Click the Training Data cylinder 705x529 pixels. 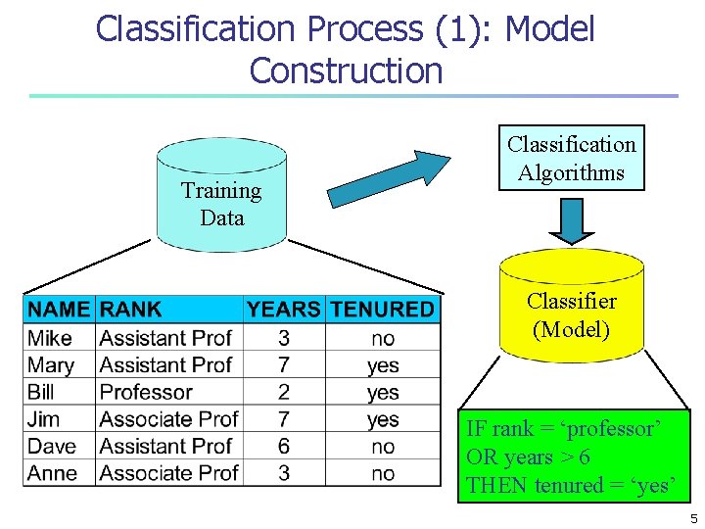[x=221, y=196]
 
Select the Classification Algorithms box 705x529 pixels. [x=571, y=158]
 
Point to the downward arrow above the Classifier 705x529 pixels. [x=571, y=219]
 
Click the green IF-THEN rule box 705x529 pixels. [x=571, y=457]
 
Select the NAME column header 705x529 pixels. [x=59, y=310]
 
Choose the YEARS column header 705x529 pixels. [x=283, y=310]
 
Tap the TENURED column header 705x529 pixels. [x=382, y=310]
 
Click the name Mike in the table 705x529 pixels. [x=50, y=338]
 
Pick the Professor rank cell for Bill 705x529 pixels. [x=146, y=392]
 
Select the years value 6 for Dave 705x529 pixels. [x=283, y=446]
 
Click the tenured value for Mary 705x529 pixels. [x=383, y=365]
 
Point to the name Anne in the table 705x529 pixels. [x=53, y=473]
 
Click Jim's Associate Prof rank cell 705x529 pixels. [x=168, y=419]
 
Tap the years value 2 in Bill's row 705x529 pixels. [x=283, y=392]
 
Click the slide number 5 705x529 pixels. [x=693, y=519]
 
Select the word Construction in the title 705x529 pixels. [x=346, y=71]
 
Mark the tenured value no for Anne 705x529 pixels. [x=383, y=473]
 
